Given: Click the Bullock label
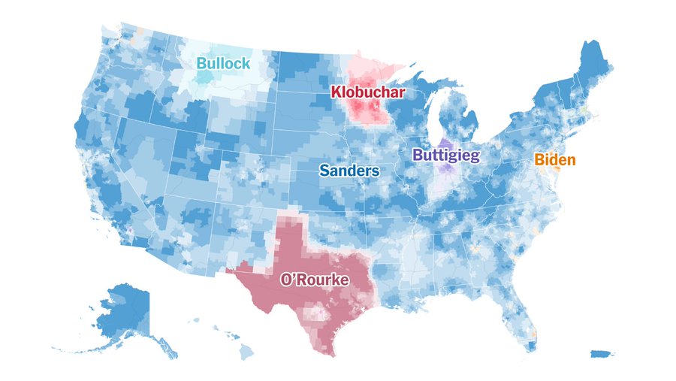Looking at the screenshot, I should click(x=223, y=64).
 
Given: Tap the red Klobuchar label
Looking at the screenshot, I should click(x=368, y=93).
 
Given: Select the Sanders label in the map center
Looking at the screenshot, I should click(x=349, y=171).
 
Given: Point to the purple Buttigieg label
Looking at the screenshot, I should click(x=446, y=156).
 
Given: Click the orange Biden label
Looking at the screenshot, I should click(x=555, y=159).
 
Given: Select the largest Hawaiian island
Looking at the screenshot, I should click(x=247, y=352).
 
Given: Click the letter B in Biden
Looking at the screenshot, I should click(x=539, y=159).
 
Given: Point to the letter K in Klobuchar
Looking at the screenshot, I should click(x=336, y=93).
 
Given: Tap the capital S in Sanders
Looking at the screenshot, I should click(x=324, y=171).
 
